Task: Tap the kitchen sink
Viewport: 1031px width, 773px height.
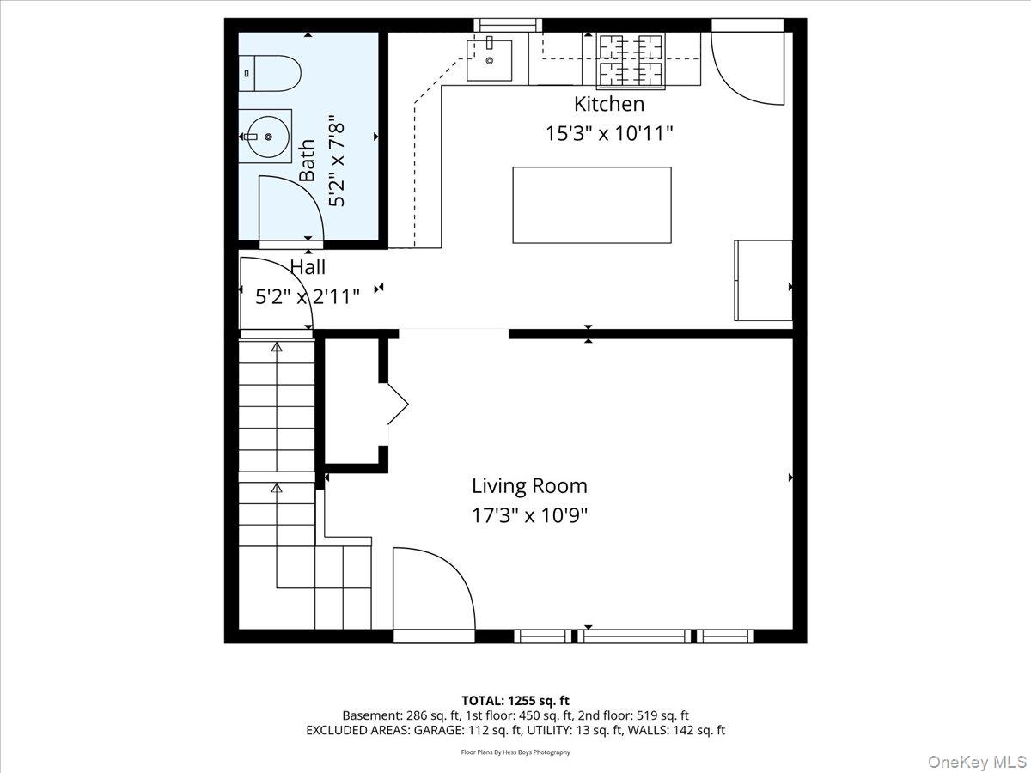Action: point(489,59)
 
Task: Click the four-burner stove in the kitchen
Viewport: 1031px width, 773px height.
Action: point(631,61)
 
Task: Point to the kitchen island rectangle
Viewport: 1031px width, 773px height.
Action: point(591,205)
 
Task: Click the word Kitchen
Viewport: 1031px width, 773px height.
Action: point(608,104)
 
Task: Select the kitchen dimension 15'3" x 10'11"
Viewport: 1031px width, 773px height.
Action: point(608,133)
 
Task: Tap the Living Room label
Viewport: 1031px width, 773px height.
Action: point(529,485)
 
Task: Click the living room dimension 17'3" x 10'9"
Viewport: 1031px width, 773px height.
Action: point(529,515)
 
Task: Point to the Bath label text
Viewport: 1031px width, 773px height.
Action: point(307,161)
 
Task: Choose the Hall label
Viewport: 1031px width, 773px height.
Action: point(308,267)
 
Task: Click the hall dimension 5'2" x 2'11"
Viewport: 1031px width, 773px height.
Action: point(308,296)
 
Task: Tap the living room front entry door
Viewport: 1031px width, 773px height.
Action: point(434,593)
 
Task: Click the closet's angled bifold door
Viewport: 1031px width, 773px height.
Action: point(396,404)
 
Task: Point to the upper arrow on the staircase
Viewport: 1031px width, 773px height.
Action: point(277,348)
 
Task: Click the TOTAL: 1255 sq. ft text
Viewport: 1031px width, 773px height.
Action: point(515,701)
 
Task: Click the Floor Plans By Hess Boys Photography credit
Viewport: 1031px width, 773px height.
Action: point(515,752)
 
